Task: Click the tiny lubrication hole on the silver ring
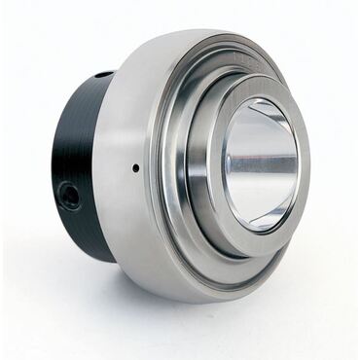tap(136, 167)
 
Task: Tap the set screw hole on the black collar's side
tap(70, 196)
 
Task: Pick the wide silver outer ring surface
tap(126, 214)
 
